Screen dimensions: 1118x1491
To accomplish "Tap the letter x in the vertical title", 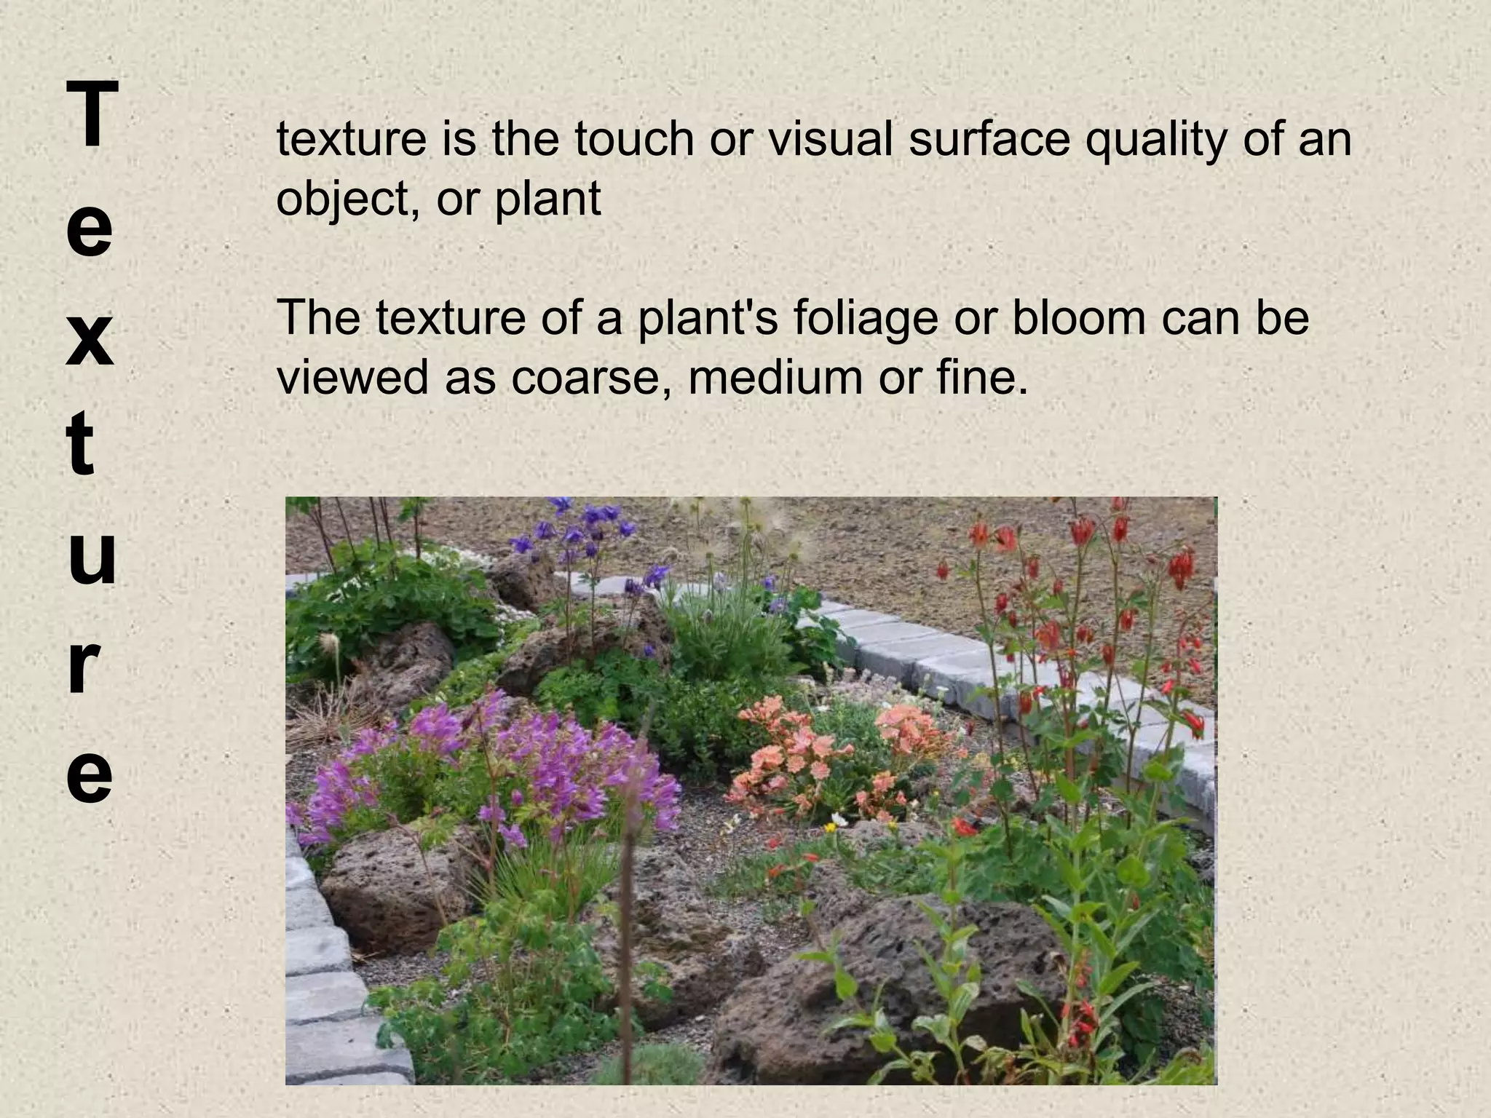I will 90,339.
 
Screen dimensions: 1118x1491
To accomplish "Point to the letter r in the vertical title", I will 84,665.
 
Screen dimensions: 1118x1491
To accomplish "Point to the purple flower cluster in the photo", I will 510,764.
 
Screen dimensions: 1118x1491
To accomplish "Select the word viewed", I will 353,377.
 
